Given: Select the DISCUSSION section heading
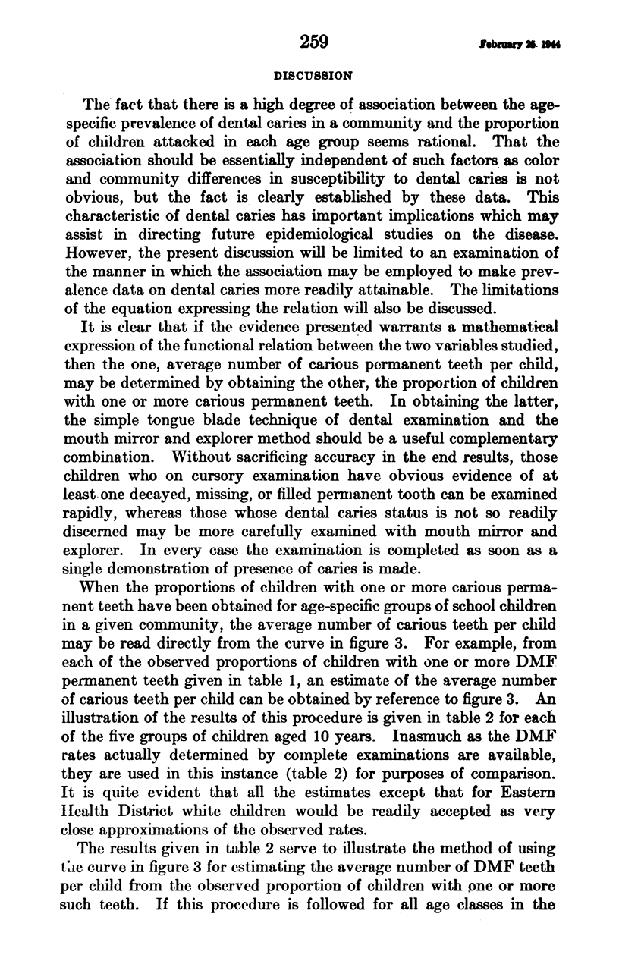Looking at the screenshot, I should [313, 76].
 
